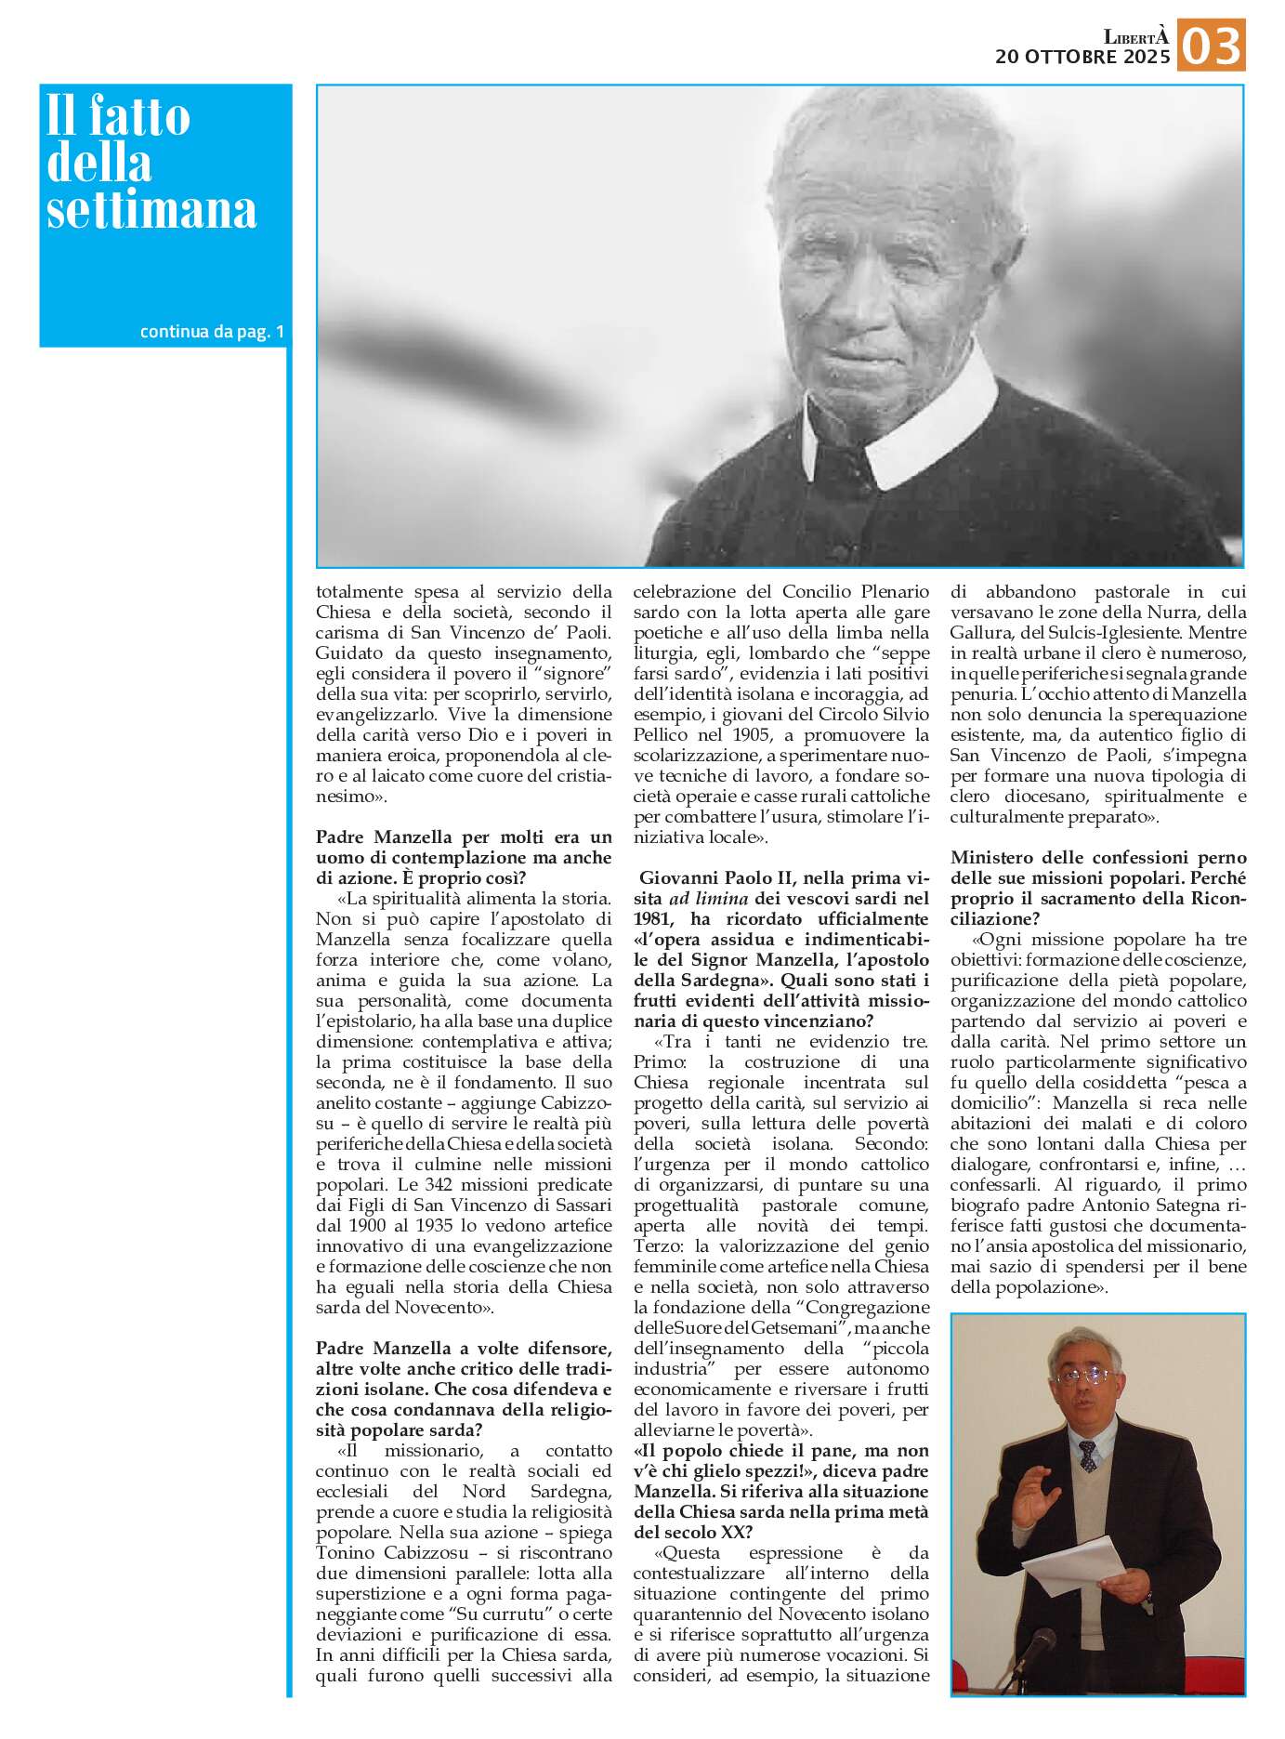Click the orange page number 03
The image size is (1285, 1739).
tap(1211, 45)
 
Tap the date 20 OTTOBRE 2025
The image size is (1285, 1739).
tap(1082, 57)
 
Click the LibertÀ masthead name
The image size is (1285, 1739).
tap(1135, 36)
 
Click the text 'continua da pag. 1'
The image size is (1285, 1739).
tap(212, 331)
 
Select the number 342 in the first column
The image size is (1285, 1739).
tap(412, 1185)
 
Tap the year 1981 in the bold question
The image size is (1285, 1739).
tap(652, 919)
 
